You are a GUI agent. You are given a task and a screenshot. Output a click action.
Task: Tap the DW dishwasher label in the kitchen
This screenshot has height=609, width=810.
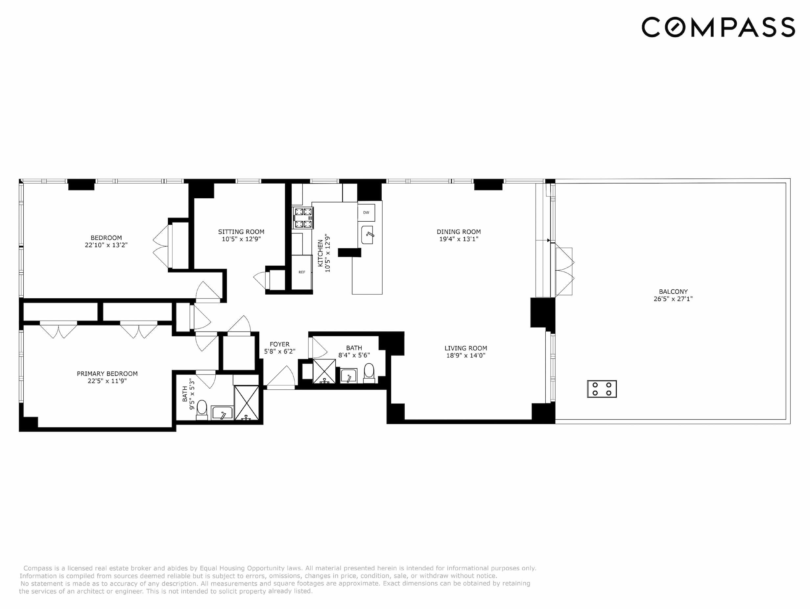[x=366, y=213]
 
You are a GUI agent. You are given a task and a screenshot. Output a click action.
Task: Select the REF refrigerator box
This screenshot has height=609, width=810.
[x=302, y=272]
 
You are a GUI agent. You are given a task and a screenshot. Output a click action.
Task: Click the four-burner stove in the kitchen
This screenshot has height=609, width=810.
[x=303, y=218]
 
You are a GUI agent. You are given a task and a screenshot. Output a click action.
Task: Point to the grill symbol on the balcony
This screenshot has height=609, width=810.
[x=602, y=389]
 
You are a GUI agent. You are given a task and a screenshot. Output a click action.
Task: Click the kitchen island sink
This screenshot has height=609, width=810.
[x=367, y=235]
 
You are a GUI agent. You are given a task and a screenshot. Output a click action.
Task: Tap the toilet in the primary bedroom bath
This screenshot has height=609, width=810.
[x=202, y=409]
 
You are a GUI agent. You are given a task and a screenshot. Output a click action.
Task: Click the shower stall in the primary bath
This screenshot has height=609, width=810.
[x=247, y=402]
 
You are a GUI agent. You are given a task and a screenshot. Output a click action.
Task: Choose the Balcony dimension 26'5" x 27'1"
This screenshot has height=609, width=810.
[x=673, y=299]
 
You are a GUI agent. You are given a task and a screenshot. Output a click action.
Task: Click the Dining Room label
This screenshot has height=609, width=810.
[x=459, y=231]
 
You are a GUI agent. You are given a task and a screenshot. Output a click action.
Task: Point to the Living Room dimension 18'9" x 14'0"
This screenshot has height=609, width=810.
[x=466, y=355]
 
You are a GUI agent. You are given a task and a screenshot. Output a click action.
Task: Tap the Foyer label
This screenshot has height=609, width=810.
[x=279, y=344]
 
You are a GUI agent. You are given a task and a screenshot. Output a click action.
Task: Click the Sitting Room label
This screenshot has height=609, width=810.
[x=241, y=231]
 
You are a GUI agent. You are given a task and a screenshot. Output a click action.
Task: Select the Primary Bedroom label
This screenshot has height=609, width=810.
[x=107, y=374]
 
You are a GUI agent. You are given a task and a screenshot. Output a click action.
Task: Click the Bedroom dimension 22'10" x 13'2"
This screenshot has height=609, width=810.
[x=106, y=245]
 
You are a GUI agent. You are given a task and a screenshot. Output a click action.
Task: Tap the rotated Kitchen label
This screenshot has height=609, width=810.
[x=321, y=253]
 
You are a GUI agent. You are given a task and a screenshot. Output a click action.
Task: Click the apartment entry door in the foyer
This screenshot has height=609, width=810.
[x=280, y=377]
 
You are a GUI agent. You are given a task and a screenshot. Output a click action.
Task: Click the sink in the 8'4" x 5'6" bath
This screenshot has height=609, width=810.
[x=348, y=376]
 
